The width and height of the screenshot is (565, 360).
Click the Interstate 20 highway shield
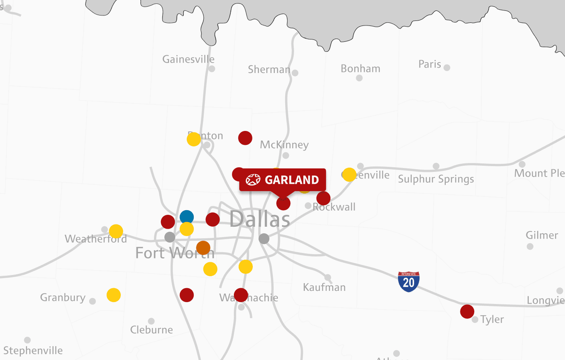coord(409,282)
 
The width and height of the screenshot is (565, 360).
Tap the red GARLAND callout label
coord(283,180)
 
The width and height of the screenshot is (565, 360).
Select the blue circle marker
coord(187,217)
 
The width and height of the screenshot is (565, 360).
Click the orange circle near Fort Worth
coord(203,248)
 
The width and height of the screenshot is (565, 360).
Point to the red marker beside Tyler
coord(467,311)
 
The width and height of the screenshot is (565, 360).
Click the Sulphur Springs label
coord(436,179)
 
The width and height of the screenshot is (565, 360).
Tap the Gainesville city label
coord(188,59)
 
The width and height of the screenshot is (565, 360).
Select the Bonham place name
coord(360,69)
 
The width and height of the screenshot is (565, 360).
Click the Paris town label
coord(430,64)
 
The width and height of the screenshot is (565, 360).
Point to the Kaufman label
coord(324,287)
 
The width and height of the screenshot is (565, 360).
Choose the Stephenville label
coord(33,351)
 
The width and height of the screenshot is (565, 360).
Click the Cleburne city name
coord(151,330)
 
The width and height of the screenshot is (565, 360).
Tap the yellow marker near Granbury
coord(114,295)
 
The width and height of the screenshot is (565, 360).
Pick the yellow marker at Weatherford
coord(116,231)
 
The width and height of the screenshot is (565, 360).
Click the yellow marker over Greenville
coord(349,175)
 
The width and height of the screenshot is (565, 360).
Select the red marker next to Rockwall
coord(323,198)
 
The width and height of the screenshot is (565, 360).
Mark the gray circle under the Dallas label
coord(264,239)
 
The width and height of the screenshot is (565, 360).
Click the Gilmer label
coord(542,235)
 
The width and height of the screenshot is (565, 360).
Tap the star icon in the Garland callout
coord(253,180)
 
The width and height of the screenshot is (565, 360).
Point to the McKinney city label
coord(284,145)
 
